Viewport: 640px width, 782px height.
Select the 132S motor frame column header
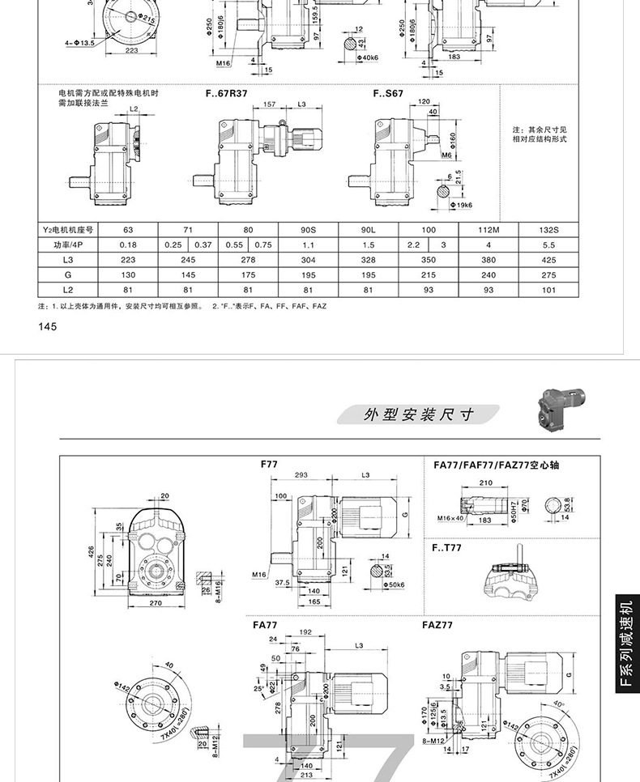point(548,230)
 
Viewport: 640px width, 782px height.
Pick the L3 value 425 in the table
point(548,260)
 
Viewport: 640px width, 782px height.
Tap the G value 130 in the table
point(127,275)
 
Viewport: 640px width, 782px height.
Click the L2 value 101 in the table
point(548,290)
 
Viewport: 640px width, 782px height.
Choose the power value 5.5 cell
point(548,244)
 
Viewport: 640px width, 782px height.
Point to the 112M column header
point(489,230)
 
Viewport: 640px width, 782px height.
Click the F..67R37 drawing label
point(226,94)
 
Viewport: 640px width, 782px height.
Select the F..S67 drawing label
point(388,94)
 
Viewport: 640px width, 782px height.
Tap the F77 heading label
point(269,465)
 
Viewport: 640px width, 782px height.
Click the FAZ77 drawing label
point(437,625)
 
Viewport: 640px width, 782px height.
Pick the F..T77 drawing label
point(447,548)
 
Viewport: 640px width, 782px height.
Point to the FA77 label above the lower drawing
point(265,625)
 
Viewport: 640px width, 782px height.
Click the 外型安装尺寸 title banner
point(418,415)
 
